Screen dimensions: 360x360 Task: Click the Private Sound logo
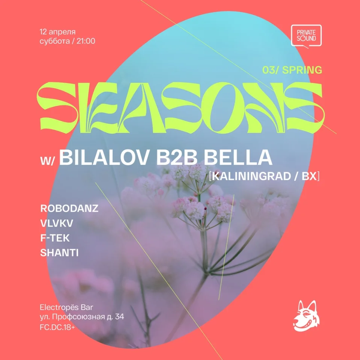pos(306,36)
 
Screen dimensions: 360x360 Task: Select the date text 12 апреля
pos(57,30)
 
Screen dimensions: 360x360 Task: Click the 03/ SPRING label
pos(298,70)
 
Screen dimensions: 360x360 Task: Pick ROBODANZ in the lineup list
pos(69,209)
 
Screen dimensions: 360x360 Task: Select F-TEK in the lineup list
pos(55,238)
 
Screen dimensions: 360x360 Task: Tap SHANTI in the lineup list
pos(59,253)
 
